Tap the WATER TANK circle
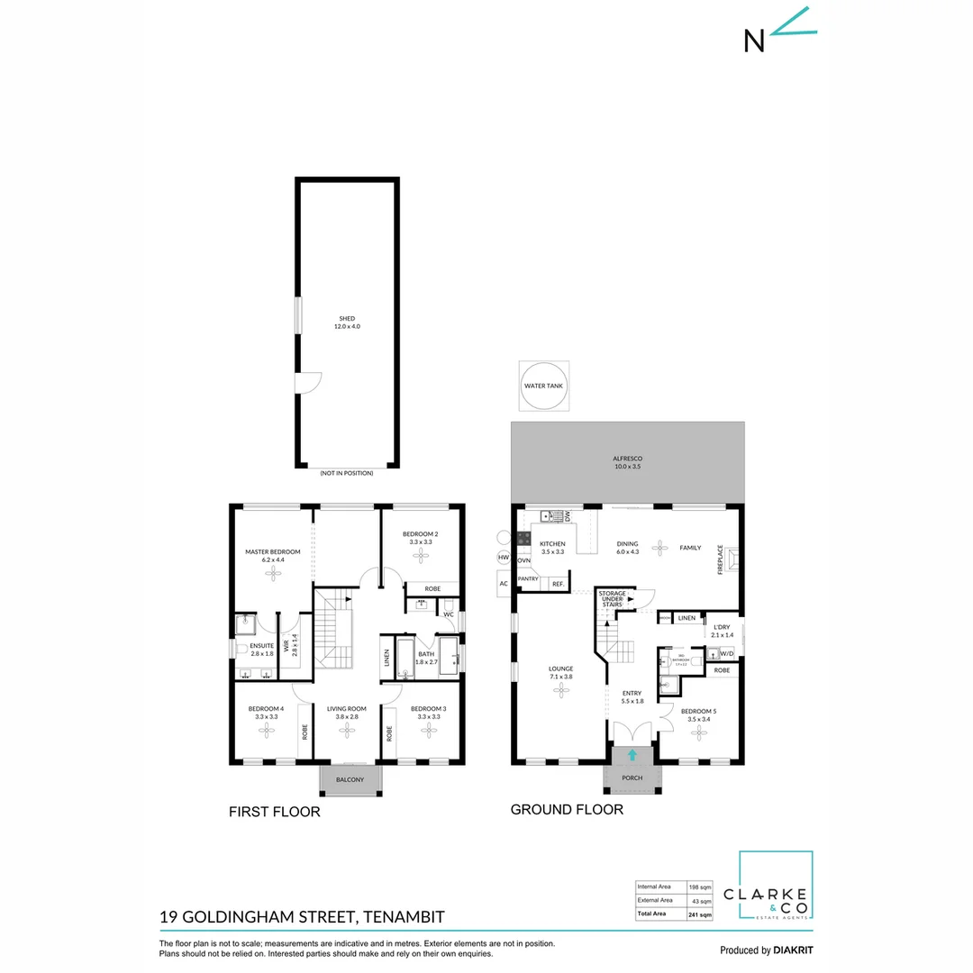pyautogui.click(x=544, y=386)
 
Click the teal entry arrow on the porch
pyautogui.click(x=632, y=755)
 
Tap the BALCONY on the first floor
pyautogui.click(x=350, y=780)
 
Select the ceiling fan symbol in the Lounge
pyautogui.click(x=562, y=690)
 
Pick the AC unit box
pyautogui.click(x=503, y=584)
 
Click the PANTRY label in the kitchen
pyautogui.click(x=528, y=579)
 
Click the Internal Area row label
pyautogui.click(x=654, y=886)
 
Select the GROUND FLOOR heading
pyautogui.click(x=567, y=809)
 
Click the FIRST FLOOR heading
pyautogui.click(x=275, y=812)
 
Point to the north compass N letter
pyautogui.click(x=754, y=41)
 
